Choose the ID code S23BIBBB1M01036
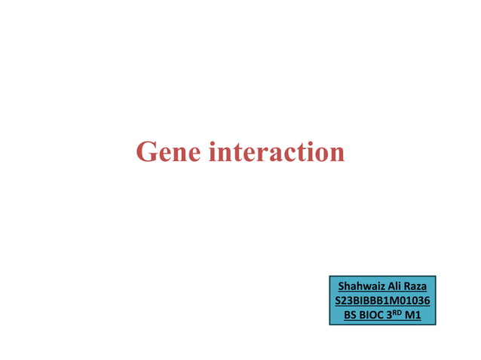[x=382, y=301]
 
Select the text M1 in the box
[x=412, y=315]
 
